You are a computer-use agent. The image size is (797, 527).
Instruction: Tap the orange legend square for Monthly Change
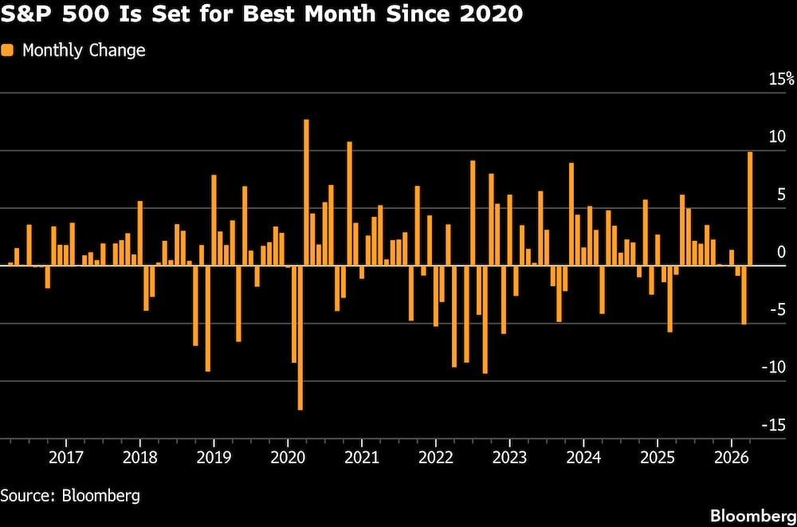(x=8, y=50)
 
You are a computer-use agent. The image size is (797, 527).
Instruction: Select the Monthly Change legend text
(x=84, y=50)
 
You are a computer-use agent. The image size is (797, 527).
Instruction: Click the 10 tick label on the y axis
(x=778, y=136)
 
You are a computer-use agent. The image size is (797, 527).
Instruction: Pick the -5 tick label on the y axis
(x=777, y=309)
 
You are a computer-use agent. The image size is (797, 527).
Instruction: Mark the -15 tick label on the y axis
(x=774, y=425)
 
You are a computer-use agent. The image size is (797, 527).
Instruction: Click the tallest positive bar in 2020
(x=306, y=192)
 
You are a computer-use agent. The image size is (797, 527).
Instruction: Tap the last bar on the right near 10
(x=749, y=209)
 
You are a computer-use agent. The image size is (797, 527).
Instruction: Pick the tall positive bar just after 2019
(x=214, y=220)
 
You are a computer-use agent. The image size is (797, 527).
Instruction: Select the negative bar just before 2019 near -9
(x=207, y=318)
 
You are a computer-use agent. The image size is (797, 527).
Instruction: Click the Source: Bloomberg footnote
(x=70, y=495)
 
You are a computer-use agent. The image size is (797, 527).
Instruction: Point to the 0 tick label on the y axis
(x=782, y=252)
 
